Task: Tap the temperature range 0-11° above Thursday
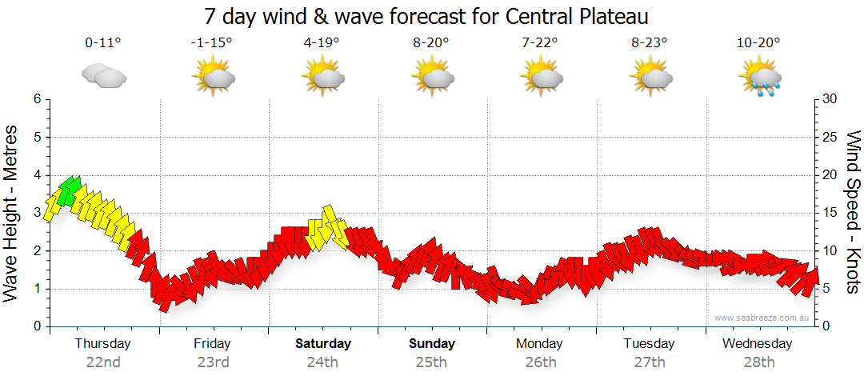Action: [103, 43]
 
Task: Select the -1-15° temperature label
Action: [212, 43]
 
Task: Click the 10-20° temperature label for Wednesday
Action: [758, 43]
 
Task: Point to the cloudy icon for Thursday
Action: [104, 77]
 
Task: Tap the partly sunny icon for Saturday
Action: [322, 78]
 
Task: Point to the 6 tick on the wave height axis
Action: [36, 99]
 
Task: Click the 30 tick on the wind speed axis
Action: [831, 99]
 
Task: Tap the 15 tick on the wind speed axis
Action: [831, 213]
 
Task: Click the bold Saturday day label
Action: [323, 344]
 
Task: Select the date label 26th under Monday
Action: [540, 362]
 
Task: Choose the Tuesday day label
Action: [649, 344]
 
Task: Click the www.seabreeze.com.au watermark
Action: [763, 318]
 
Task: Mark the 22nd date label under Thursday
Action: [103, 362]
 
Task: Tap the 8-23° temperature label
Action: [649, 43]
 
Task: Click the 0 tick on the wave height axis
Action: [36, 326]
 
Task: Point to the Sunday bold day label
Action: [432, 344]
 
